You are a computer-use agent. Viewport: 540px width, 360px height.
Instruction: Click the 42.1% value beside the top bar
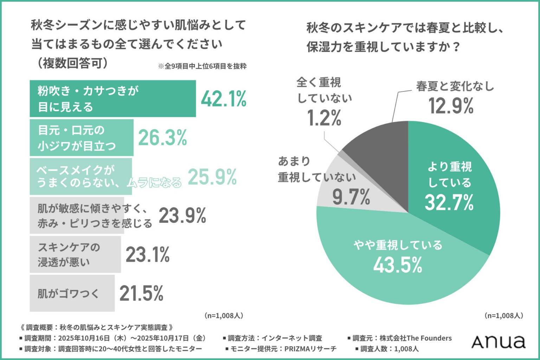click(x=224, y=99)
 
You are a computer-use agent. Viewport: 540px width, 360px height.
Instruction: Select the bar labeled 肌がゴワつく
click(x=72, y=293)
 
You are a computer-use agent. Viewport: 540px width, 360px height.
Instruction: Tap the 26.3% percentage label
click(x=162, y=138)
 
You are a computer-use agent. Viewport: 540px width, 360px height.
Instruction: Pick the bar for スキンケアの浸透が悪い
click(x=75, y=255)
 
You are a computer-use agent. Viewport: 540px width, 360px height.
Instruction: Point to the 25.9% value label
click(x=212, y=177)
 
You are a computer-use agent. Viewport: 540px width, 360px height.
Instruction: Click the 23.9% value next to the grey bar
click(x=182, y=216)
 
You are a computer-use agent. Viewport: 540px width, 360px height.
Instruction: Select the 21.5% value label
click(x=141, y=293)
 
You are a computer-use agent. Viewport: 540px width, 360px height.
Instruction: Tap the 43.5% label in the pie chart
click(x=398, y=265)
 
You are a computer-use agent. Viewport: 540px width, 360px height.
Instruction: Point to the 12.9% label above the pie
click(x=451, y=106)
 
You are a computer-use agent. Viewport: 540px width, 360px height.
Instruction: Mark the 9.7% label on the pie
click(x=351, y=197)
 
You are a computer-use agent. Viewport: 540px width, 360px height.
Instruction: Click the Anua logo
click(x=498, y=342)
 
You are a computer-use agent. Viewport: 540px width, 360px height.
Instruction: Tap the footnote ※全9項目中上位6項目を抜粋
click(x=202, y=66)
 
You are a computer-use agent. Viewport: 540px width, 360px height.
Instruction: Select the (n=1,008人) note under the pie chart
click(x=504, y=315)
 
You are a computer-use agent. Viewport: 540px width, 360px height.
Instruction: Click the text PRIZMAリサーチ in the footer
click(x=310, y=349)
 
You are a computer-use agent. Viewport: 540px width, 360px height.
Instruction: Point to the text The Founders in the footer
click(x=429, y=338)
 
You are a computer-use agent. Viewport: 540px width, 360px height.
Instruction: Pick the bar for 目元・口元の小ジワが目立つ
click(x=81, y=138)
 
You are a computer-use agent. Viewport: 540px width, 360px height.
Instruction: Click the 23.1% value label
click(x=148, y=255)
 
